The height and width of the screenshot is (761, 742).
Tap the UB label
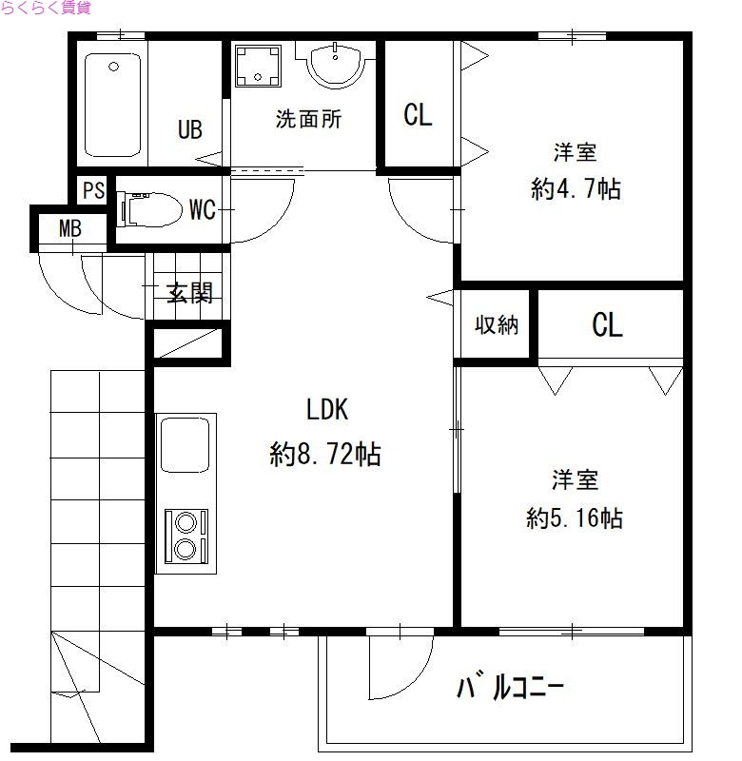click(x=190, y=129)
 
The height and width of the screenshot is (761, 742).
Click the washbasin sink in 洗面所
click(x=334, y=65)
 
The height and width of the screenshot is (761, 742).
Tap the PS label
click(x=92, y=190)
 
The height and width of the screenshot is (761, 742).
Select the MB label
click(x=69, y=228)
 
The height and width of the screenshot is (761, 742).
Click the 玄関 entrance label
click(x=189, y=293)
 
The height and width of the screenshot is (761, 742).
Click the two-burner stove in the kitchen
click(x=185, y=536)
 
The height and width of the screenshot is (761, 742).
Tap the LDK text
click(x=328, y=410)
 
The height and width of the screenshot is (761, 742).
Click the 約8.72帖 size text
click(x=325, y=456)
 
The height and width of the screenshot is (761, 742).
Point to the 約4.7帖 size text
click(x=576, y=189)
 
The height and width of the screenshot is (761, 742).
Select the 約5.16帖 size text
click(x=575, y=518)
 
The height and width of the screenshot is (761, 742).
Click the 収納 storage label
click(x=497, y=324)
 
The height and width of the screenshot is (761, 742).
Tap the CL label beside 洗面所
click(x=418, y=115)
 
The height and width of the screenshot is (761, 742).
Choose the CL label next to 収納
click(x=608, y=325)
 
